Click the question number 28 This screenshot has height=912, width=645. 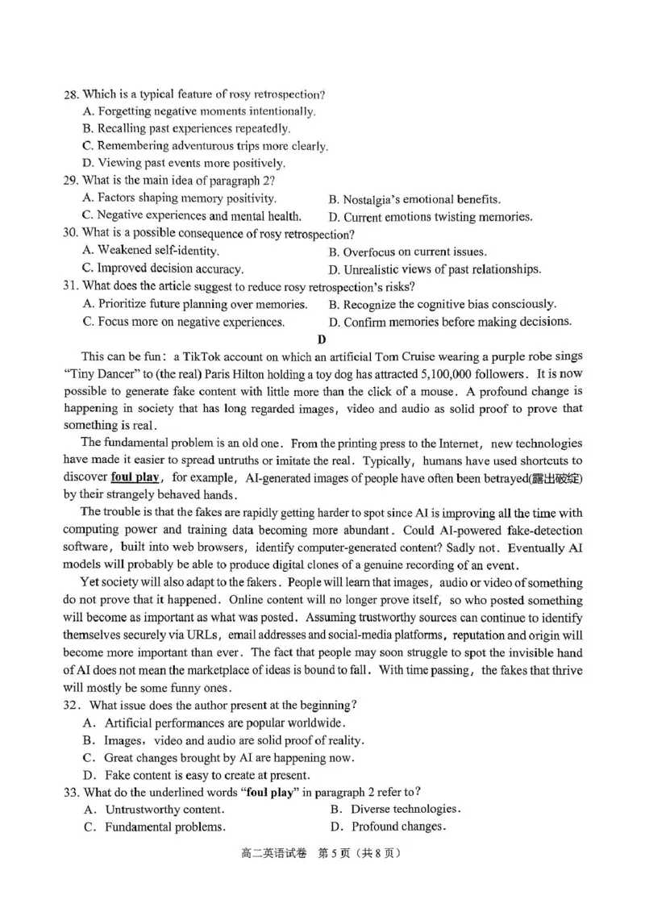[x=71, y=95]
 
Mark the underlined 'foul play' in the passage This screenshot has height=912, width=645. [x=135, y=478]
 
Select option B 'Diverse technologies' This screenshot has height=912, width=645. [x=394, y=809]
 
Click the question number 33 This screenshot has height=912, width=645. [x=71, y=792]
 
